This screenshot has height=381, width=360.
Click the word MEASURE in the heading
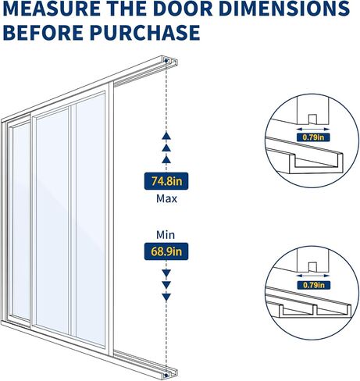[x=52, y=9]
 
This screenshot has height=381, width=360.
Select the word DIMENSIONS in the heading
[x=284, y=9]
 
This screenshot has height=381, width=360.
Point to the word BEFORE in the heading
[x=43, y=33]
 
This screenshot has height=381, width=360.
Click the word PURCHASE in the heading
[x=145, y=33]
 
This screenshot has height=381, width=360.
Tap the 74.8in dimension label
[x=166, y=181]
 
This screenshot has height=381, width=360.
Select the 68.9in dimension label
[x=166, y=251]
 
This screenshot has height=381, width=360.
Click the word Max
[x=166, y=199]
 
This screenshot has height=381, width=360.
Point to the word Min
[x=166, y=235]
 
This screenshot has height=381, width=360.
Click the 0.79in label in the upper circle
[x=313, y=137]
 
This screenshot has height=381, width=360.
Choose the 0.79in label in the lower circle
[x=314, y=285]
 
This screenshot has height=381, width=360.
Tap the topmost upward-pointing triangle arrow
[x=166, y=136]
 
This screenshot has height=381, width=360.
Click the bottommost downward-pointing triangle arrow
[x=166, y=297]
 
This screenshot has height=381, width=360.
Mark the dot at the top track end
[x=166, y=61]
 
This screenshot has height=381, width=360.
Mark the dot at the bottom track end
[x=166, y=376]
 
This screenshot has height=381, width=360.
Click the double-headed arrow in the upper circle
[x=313, y=129]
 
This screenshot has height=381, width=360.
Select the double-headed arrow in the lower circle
[x=313, y=276]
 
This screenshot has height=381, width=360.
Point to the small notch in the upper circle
[x=313, y=119]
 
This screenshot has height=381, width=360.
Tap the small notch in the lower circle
[x=313, y=267]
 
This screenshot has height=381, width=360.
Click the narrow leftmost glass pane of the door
[x=21, y=221]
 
